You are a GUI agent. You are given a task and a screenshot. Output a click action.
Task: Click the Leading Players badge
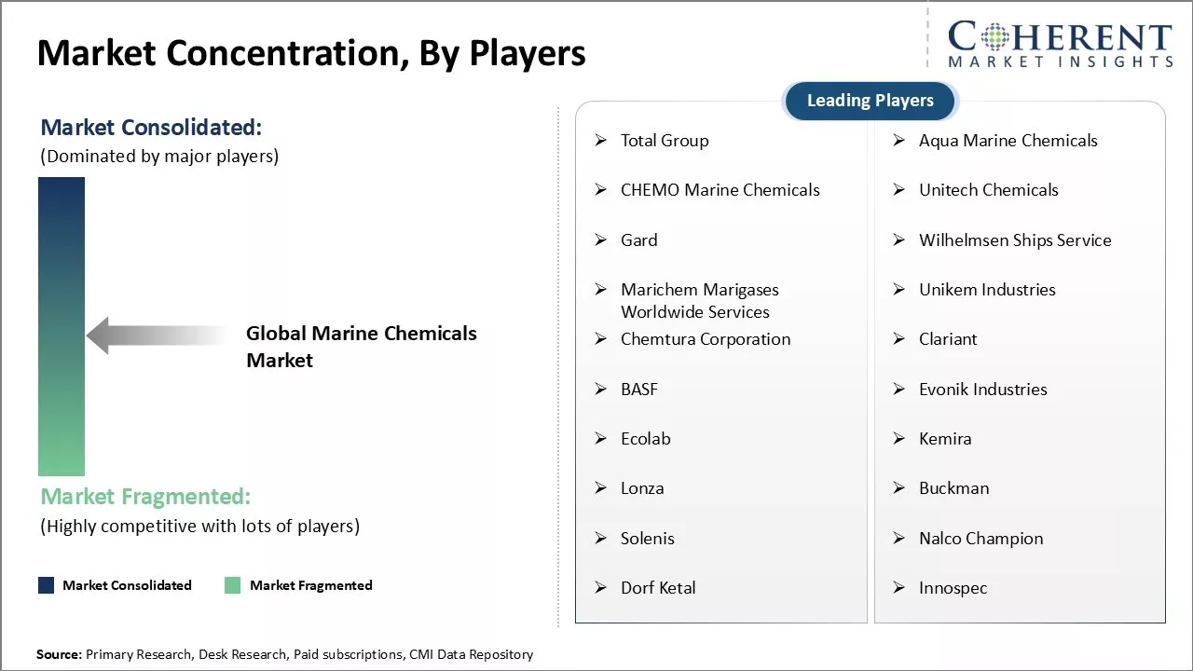870,101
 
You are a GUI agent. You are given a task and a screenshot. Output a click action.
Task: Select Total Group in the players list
665,141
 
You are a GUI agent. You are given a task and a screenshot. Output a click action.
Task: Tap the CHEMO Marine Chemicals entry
720,190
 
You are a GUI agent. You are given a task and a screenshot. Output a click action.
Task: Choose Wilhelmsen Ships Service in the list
1015,240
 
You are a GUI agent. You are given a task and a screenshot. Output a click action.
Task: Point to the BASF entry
639,390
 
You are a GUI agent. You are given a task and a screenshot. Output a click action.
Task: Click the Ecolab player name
645,439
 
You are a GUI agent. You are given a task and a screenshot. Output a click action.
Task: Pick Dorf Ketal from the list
658,588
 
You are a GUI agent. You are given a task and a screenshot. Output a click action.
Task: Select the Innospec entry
953,588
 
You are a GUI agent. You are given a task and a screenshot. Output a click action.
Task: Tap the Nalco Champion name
980,539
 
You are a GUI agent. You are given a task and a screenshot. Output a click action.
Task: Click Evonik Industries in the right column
982,390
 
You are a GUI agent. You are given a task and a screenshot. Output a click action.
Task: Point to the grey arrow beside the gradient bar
154,335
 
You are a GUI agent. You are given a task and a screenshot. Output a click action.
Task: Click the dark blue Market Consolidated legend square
46,585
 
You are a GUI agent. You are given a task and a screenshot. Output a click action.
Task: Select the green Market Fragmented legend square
233,585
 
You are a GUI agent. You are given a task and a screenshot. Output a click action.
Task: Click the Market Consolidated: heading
151,128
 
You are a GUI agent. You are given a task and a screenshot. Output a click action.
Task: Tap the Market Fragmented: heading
145,496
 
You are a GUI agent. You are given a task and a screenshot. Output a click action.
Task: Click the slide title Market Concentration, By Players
311,53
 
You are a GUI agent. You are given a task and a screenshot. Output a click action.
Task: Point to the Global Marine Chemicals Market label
361,347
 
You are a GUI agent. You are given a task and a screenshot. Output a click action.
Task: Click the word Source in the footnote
58,654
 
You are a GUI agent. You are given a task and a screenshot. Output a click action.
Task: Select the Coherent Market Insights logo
1060,45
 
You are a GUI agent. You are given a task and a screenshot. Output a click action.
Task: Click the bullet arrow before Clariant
898,339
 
